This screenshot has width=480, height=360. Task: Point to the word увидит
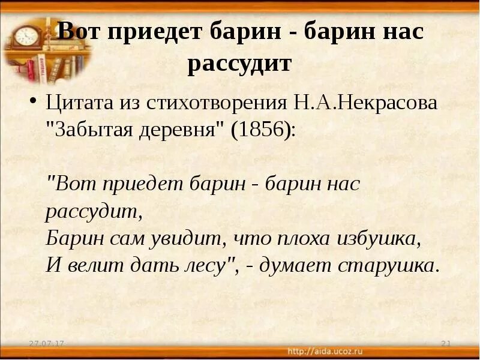coord(192,239)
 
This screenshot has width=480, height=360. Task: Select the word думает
coord(295,266)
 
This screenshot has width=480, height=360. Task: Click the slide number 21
coord(445,343)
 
